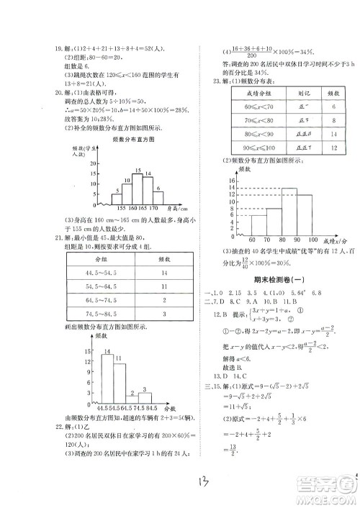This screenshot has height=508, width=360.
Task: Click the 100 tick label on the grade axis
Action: (312, 238)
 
